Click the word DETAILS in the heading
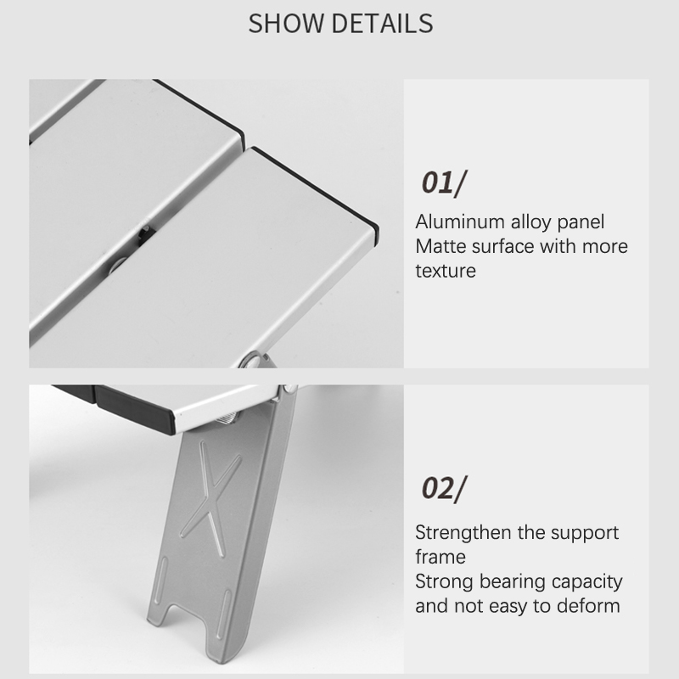pyautogui.click(x=383, y=24)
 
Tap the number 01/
pyautogui.click(x=444, y=182)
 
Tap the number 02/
pyautogui.click(x=444, y=489)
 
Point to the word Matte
pyautogui.click(x=441, y=246)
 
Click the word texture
pyautogui.click(x=446, y=271)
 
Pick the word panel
pyautogui.click(x=581, y=222)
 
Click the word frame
pyautogui.click(x=441, y=557)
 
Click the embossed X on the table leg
pyautogui.click(x=210, y=499)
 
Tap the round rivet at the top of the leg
pyautogui.click(x=289, y=390)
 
